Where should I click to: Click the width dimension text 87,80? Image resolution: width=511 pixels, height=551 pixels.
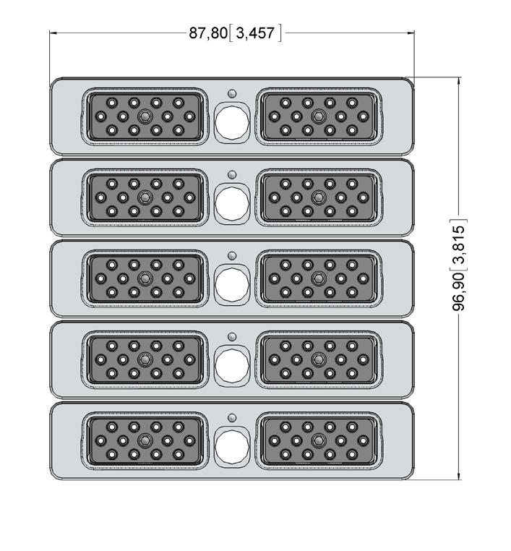(x=207, y=33)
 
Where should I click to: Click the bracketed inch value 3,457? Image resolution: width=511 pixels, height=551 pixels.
(x=254, y=33)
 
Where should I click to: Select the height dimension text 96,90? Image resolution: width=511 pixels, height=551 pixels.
(x=459, y=291)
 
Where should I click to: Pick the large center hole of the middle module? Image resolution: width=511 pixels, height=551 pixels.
(x=232, y=282)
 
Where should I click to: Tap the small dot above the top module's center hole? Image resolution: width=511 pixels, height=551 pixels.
(x=232, y=93)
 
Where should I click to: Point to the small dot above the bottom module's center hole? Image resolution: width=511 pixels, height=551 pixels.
(x=232, y=417)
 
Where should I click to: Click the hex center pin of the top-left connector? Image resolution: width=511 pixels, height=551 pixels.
(x=145, y=116)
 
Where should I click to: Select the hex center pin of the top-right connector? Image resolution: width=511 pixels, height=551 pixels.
(x=318, y=116)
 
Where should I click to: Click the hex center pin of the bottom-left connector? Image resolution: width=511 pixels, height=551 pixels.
(x=145, y=440)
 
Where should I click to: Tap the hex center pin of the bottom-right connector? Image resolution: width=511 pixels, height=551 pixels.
(x=318, y=440)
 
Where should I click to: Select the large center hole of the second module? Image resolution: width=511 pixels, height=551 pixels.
(x=232, y=201)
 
